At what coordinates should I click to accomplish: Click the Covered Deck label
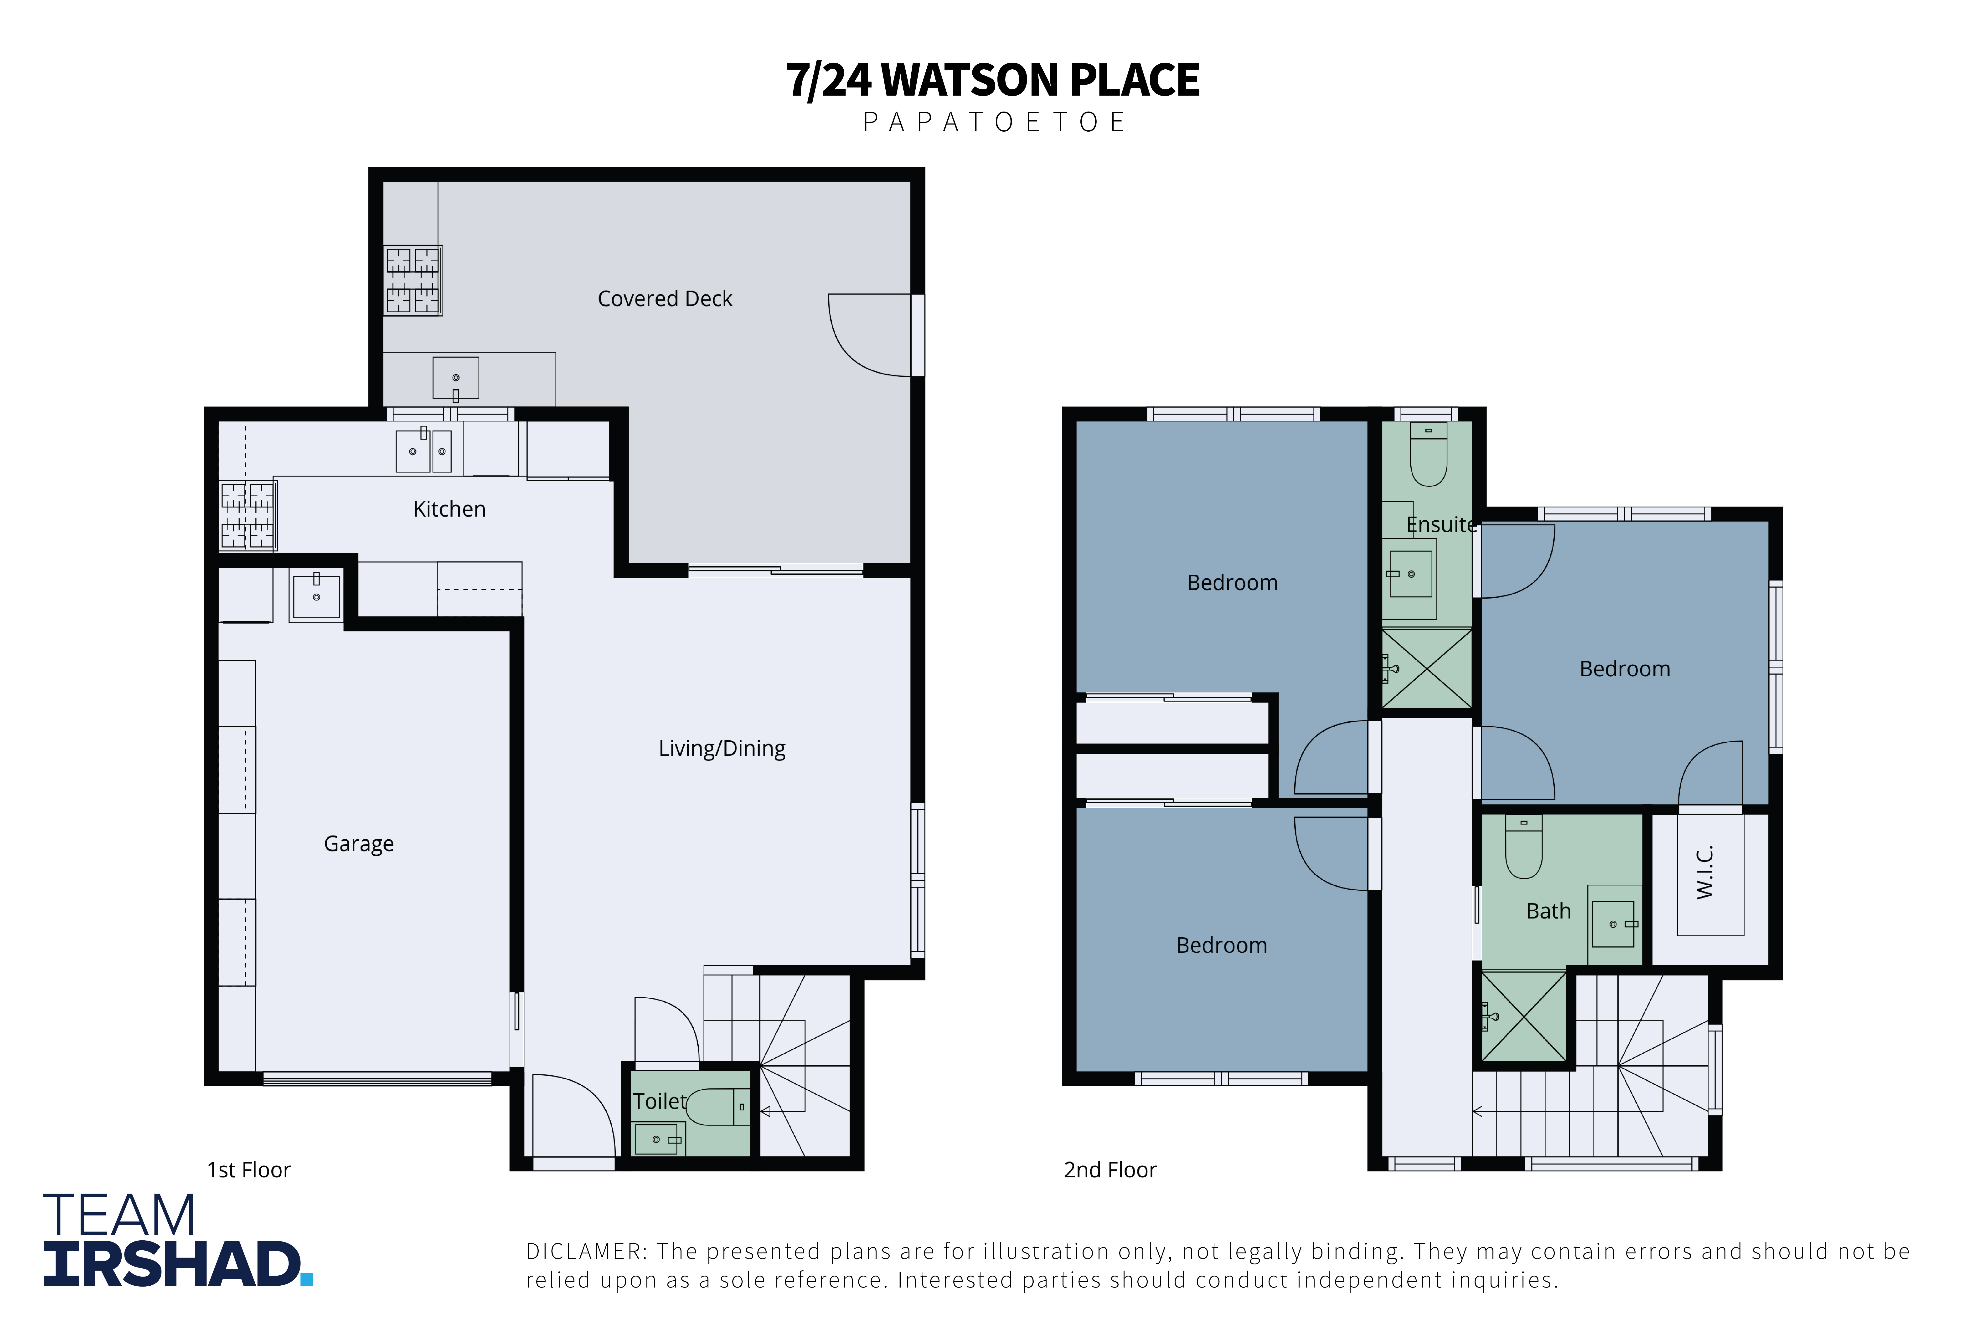665,299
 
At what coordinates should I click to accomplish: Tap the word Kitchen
449,509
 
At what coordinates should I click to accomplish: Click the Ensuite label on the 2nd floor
1441,524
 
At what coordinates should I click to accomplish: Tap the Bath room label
1549,911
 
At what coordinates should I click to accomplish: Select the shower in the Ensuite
1426,668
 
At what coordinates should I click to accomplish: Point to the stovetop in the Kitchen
248,515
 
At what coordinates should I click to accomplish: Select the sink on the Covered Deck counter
456,378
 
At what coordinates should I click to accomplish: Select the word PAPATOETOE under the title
994,123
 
